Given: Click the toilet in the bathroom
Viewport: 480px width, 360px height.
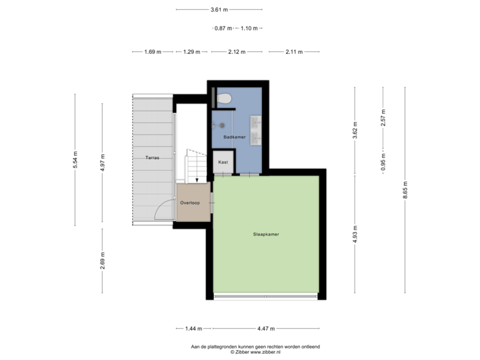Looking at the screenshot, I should (x=225, y=97).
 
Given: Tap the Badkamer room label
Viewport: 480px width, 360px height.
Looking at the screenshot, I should (x=234, y=137).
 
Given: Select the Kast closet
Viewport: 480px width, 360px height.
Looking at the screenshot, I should (x=223, y=162).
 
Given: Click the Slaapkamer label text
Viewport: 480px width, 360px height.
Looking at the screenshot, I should (x=265, y=234).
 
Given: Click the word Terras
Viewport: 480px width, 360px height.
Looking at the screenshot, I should (x=152, y=157).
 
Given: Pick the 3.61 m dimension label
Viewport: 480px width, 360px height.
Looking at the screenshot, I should (x=219, y=9).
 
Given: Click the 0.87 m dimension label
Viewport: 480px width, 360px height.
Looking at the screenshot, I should (x=223, y=28).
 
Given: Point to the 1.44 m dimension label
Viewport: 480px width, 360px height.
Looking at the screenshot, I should (x=193, y=328).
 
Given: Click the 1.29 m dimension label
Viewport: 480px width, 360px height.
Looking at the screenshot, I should (x=192, y=51).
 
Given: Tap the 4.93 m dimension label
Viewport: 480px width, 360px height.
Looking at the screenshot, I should (x=355, y=234).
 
